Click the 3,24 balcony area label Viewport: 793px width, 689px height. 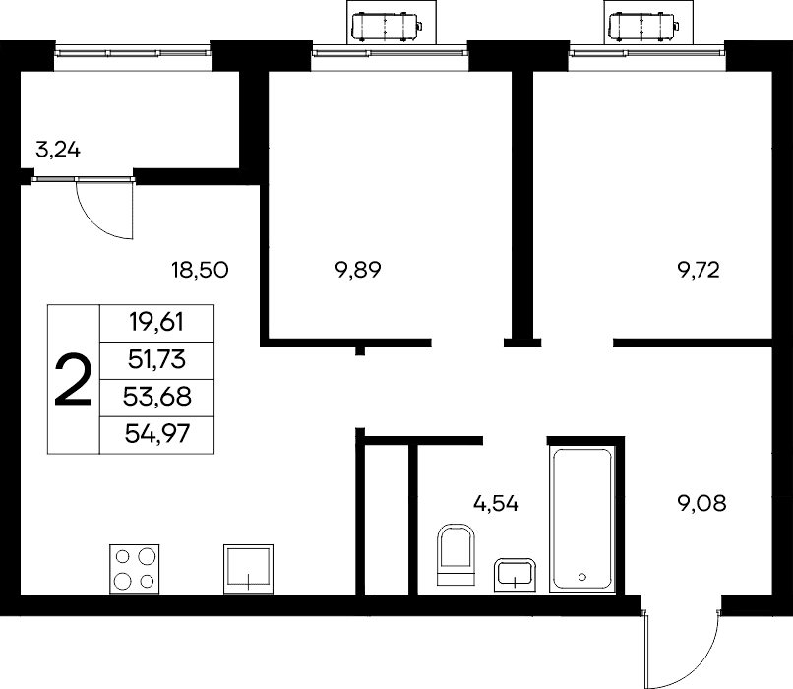click(58, 151)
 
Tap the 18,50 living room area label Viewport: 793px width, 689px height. click(200, 270)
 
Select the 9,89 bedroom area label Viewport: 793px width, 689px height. click(357, 270)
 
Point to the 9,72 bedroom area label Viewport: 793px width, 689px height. click(699, 270)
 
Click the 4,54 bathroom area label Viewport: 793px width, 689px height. click(496, 503)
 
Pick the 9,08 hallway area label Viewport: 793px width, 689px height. click(701, 503)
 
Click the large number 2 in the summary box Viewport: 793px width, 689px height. click(74, 379)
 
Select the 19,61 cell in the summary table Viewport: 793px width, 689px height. click(156, 322)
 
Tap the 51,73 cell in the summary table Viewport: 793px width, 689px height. click(156, 359)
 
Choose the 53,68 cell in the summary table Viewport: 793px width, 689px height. click(156, 397)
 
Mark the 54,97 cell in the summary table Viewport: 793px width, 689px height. click(156, 433)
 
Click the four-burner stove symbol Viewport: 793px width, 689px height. click(135, 569)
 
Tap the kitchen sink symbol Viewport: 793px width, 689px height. click(248, 569)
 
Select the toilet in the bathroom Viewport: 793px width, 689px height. click(457, 554)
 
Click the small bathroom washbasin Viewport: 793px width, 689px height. click(515, 575)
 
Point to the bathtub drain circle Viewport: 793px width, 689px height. click(582, 576)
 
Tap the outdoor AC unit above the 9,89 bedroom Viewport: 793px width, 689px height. click(388, 27)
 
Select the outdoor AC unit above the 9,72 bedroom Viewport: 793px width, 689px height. click(644, 27)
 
